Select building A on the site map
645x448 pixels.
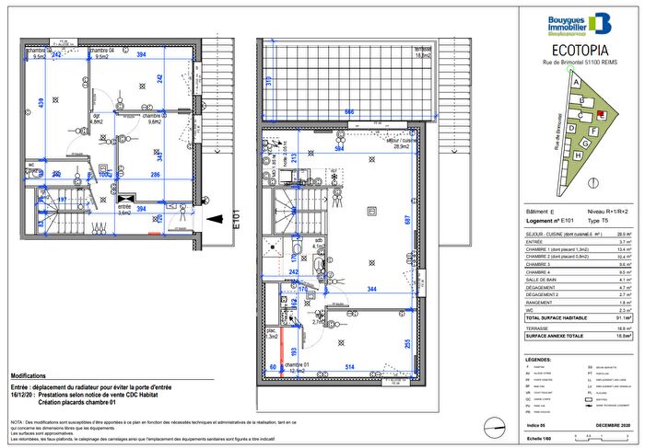576,82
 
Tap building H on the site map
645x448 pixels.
578,156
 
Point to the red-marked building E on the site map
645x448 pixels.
601,115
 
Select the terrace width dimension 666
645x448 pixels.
348,111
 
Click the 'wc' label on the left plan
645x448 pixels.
30,166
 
